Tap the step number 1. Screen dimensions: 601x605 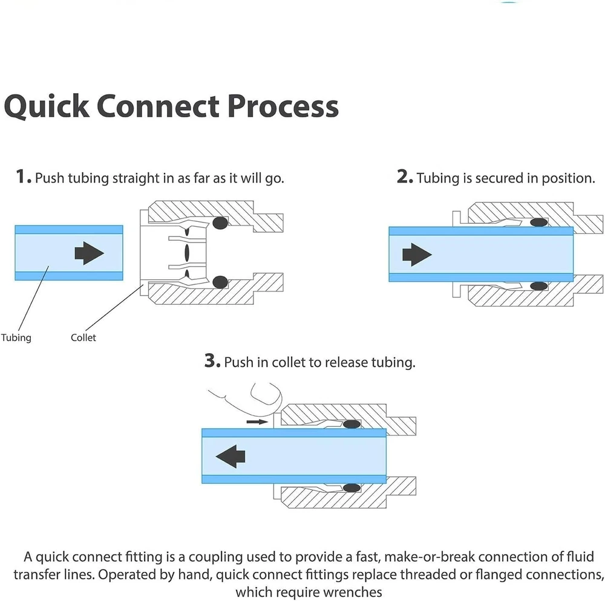click(x=23, y=177)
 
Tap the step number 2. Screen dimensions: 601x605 click(x=405, y=177)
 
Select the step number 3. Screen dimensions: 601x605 click(x=212, y=362)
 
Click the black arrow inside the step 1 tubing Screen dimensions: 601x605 click(x=89, y=253)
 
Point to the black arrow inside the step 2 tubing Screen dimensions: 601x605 click(x=417, y=255)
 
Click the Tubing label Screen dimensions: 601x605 click(x=16, y=337)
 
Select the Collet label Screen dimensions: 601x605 click(x=83, y=337)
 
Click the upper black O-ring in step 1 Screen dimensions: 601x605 click(x=220, y=223)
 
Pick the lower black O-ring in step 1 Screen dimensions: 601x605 click(x=220, y=282)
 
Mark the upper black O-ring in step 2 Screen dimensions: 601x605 click(x=539, y=223)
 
